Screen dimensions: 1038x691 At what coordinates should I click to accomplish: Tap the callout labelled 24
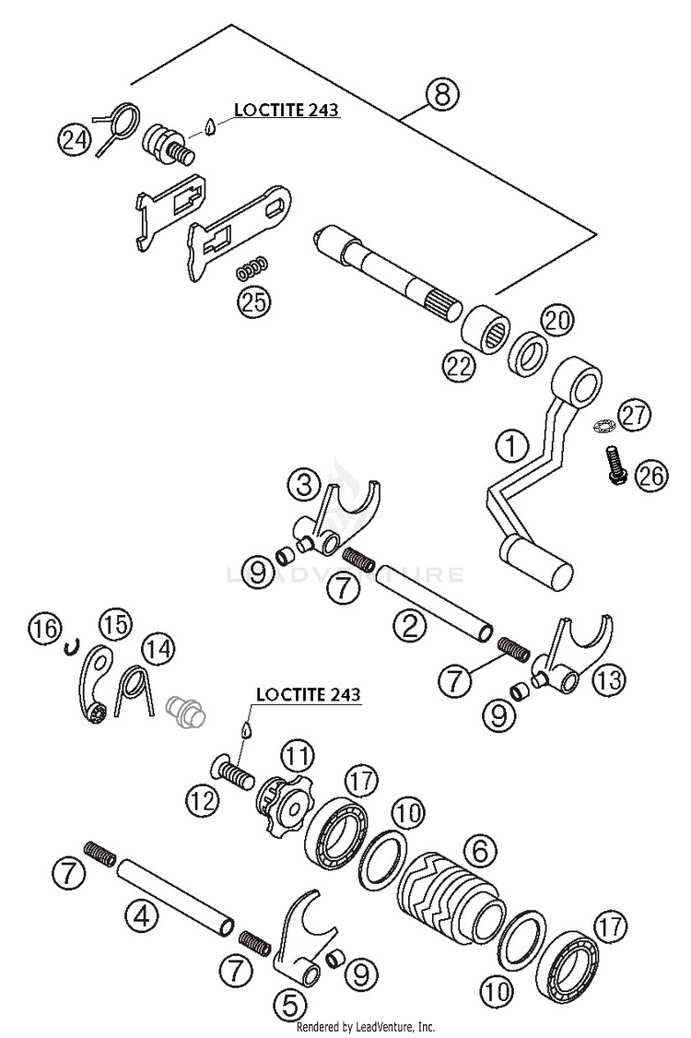pyautogui.click(x=75, y=139)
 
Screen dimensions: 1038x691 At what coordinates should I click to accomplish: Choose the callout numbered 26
pyautogui.click(x=650, y=476)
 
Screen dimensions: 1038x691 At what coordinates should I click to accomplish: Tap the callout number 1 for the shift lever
pyautogui.click(x=509, y=448)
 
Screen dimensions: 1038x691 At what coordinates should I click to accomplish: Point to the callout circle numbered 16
pyautogui.click(x=42, y=630)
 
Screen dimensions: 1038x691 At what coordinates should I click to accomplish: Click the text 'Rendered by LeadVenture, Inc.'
pyautogui.click(x=365, y=1026)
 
